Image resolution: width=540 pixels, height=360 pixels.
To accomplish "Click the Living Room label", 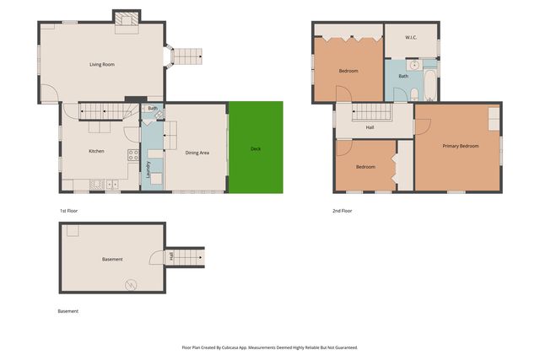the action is [x=102, y=64].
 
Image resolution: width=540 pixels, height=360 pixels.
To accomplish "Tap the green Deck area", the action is [x=256, y=148].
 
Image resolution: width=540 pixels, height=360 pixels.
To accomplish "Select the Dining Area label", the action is [x=197, y=153].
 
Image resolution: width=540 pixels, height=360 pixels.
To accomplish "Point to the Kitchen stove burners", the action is [x=133, y=155].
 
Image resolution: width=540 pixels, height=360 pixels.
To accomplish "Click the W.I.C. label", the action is [x=411, y=37].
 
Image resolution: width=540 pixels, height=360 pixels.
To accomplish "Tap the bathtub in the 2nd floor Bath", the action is [x=430, y=85].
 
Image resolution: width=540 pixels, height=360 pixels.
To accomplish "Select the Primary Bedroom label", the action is [x=461, y=146].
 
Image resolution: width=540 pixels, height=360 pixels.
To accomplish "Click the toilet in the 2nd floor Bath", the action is [x=414, y=94].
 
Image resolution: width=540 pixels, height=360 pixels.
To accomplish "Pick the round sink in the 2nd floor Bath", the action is [x=414, y=65].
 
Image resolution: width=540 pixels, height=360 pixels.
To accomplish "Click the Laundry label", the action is [x=148, y=169].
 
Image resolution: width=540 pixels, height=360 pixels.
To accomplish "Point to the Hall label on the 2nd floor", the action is [x=370, y=127].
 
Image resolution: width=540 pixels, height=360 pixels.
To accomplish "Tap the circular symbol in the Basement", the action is [x=131, y=285].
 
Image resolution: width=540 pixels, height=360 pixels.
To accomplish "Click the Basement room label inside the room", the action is [x=112, y=259].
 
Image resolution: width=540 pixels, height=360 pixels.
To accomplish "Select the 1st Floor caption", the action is [x=69, y=211].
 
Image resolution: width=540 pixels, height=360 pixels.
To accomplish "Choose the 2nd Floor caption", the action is [x=343, y=211].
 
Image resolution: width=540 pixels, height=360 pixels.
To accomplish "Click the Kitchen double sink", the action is [x=112, y=185].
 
